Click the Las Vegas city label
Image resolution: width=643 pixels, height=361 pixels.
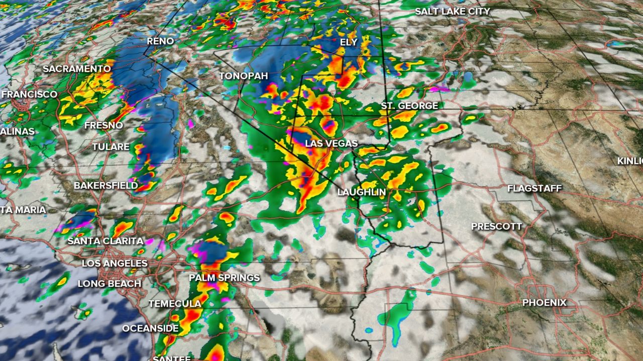[331, 144]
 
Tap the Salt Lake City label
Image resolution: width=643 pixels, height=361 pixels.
[452, 11]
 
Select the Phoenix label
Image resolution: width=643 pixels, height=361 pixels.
[544, 303]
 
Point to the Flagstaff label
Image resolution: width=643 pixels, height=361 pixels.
[534, 189]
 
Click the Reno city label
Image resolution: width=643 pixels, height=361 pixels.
[160, 41]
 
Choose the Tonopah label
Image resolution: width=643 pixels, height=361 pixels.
[243, 76]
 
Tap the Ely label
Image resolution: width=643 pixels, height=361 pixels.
[348, 42]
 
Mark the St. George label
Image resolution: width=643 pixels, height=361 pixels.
[409, 106]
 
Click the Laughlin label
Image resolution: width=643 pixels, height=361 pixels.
[361, 192]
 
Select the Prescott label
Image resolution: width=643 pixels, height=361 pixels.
[496, 227]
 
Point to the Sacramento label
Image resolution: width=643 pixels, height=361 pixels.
[76, 69]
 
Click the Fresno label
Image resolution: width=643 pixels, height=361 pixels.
[103, 125]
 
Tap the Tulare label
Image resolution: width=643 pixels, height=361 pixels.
[111, 147]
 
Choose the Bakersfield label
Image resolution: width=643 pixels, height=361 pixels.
[105, 186]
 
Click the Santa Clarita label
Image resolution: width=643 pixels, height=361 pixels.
[105, 241]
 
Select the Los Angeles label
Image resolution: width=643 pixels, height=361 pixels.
[115, 263]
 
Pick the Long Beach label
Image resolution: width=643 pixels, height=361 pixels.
[109, 284]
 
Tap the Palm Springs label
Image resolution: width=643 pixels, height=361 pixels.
[224, 278]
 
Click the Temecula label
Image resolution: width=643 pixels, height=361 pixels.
[174, 304]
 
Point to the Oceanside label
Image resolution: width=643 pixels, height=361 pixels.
[150, 329]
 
